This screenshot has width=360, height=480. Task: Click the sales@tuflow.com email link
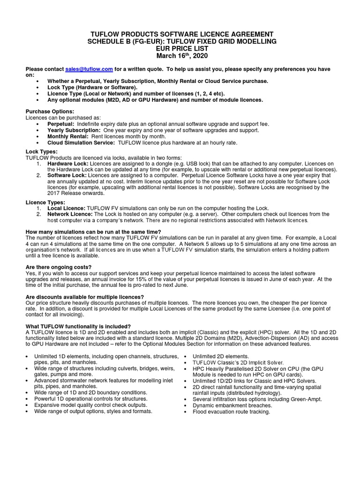click(x=89, y=69)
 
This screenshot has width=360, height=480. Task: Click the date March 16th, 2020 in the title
click(x=180, y=56)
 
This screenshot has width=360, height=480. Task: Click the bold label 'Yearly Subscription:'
click(x=74, y=130)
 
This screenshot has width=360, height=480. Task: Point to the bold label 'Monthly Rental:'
click(x=67, y=136)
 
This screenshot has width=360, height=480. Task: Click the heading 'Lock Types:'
click(x=41, y=151)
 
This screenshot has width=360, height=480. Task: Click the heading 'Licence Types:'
click(x=45, y=202)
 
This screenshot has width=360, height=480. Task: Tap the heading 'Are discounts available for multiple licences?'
click(x=84, y=297)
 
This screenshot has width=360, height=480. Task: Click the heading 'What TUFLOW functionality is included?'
click(x=78, y=326)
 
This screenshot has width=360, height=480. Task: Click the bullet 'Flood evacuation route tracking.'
click(x=231, y=412)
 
